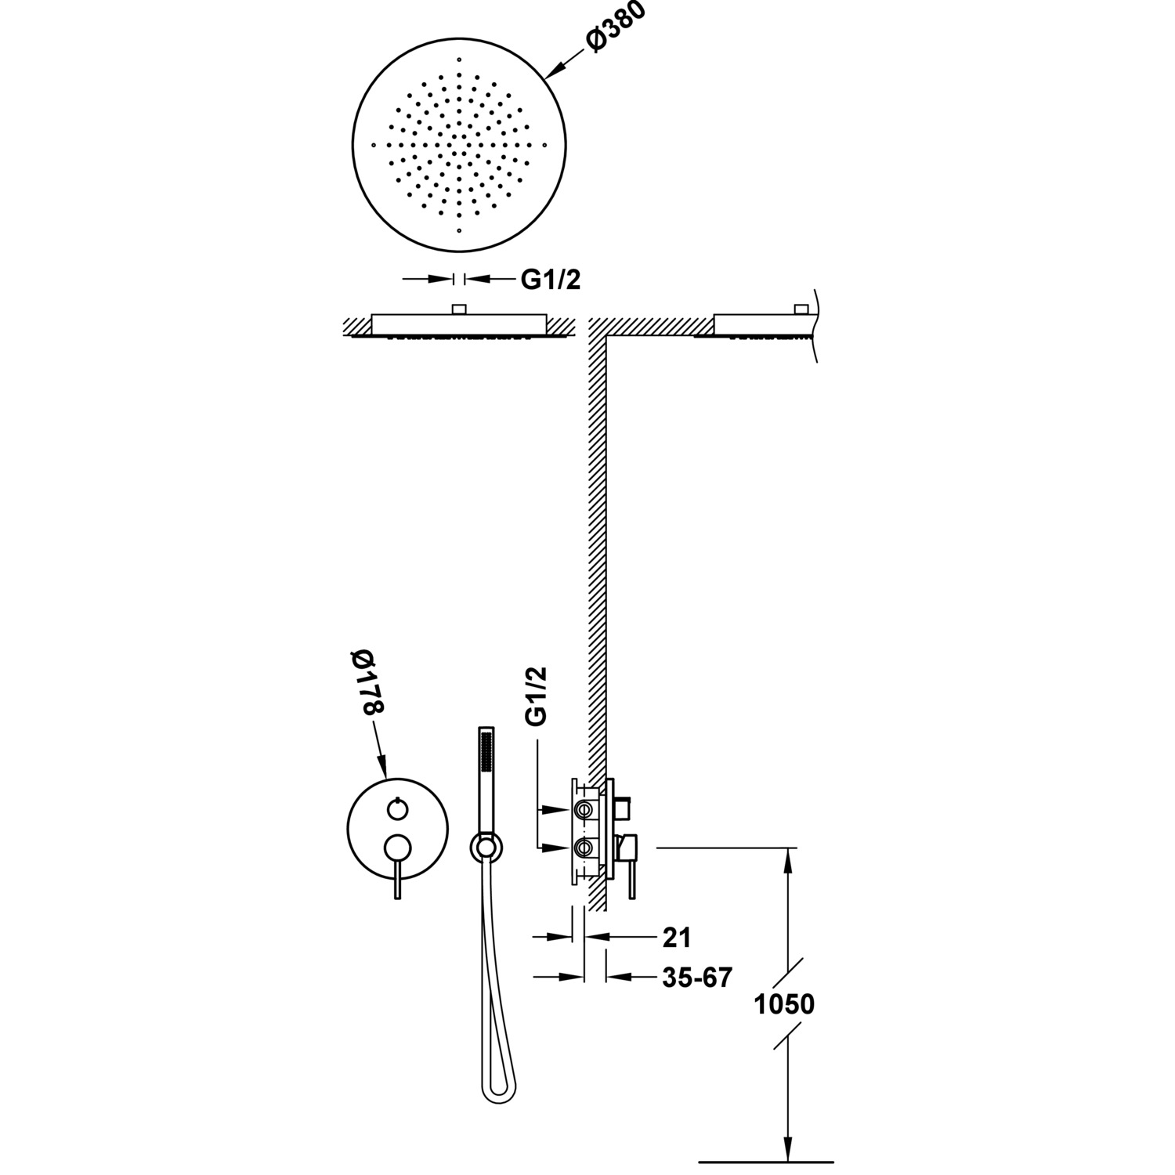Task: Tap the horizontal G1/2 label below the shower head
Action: pos(551,280)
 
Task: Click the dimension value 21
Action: pos(676,936)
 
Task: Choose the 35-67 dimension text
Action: pos(696,977)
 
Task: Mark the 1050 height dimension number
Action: pos(784,1003)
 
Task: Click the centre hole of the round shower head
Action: pos(460,146)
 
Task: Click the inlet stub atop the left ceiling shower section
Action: pos(460,309)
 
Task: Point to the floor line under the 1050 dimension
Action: pos(765,1161)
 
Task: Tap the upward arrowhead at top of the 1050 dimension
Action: pos(788,855)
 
